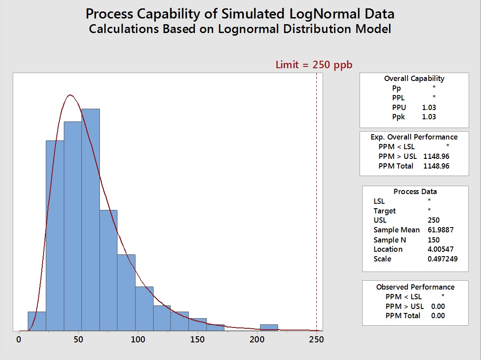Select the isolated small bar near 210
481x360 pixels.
(x=268, y=327)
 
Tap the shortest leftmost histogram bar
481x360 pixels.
(x=37, y=321)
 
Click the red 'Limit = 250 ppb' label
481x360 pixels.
(x=314, y=65)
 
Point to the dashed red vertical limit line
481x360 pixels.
(x=316, y=198)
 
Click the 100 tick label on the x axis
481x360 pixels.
(x=138, y=340)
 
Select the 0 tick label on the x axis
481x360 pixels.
(x=19, y=340)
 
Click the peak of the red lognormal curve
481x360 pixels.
(x=70, y=95)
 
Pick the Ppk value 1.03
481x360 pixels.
(x=429, y=117)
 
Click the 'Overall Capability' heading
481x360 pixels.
(x=414, y=78)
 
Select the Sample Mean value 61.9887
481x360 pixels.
(x=441, y=230)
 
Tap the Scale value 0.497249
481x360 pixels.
(x=442, y=259)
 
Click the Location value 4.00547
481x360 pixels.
(x=441, y=249)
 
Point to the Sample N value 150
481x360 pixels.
(x=433, y=240)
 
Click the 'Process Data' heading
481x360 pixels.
(x=415, y=191)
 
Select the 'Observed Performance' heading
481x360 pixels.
(x=415, y=287)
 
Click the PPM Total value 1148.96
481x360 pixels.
(x=436, y=166)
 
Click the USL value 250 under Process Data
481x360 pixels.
(x=433, y=220)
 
